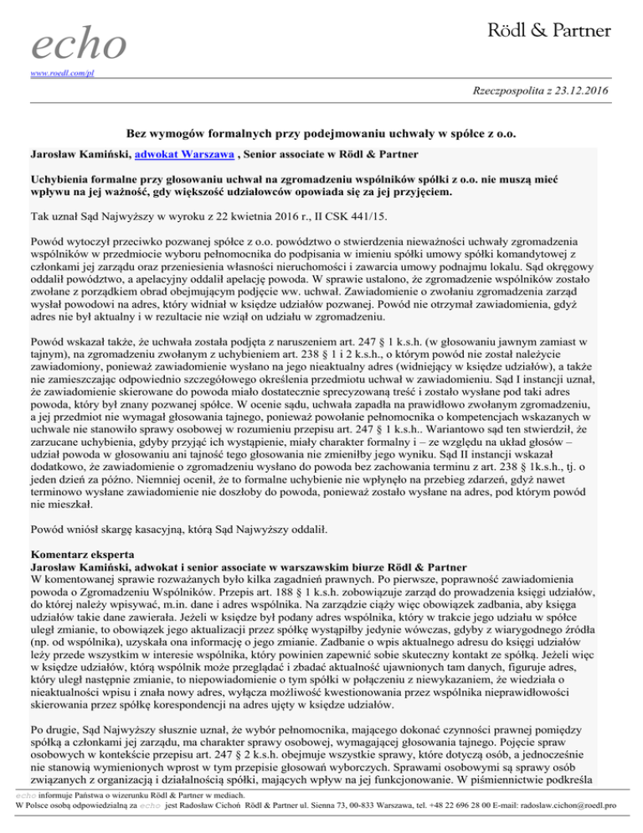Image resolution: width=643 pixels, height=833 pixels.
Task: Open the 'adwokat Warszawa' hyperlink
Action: [175, 156]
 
